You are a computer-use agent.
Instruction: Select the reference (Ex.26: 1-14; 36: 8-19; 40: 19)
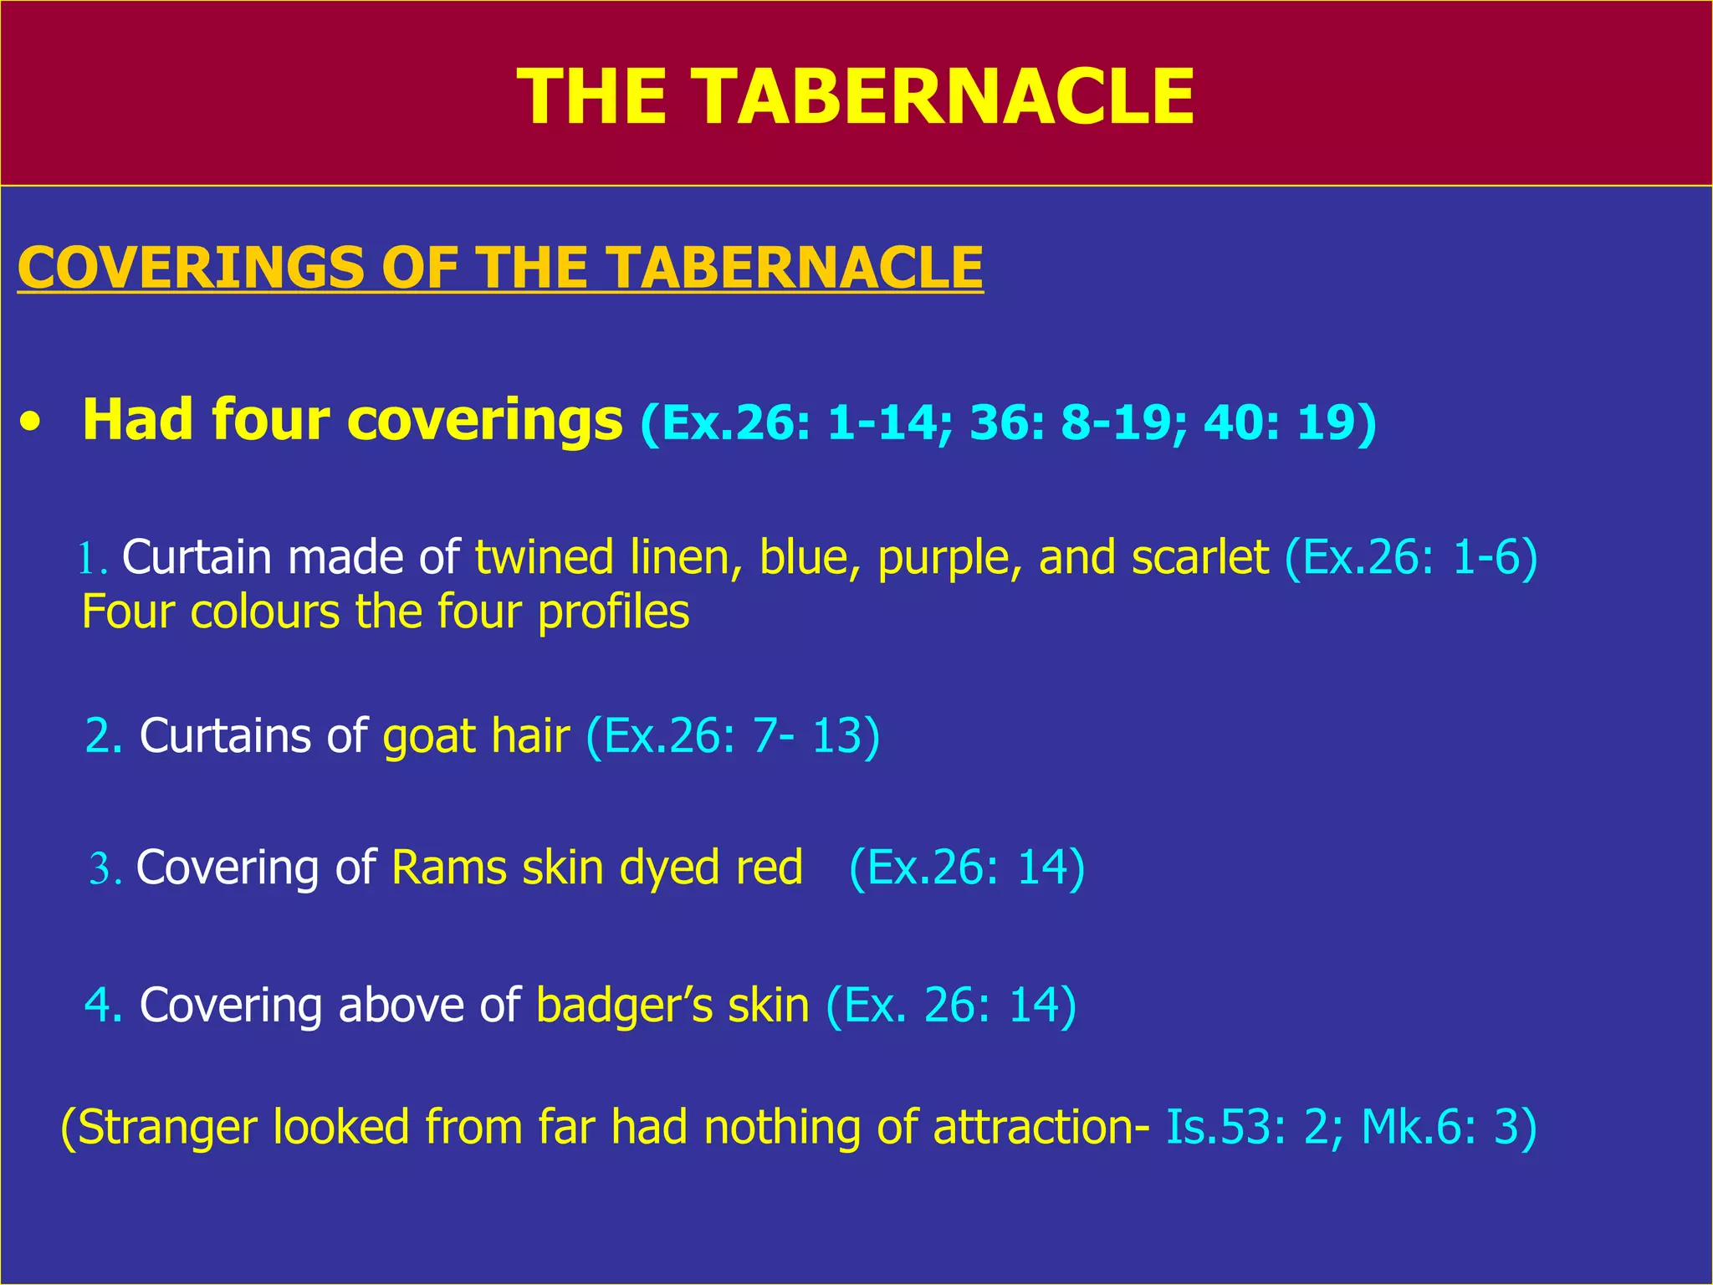(x=1008, y=422)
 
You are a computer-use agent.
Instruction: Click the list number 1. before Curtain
(x=93, y=559)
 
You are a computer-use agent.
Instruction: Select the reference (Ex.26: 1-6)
(x=1410, y=558)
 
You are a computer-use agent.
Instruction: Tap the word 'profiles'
(x=613, y=612)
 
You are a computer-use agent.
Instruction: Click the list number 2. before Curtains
(x=104, y=736)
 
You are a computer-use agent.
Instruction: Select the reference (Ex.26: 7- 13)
(x=733, y=736)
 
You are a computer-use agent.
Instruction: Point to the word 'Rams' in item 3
(x=448, y=868)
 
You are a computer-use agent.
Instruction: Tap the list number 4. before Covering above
(x=104, y=1006)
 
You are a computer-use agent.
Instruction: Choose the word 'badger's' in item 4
(x=624, y=1006)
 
